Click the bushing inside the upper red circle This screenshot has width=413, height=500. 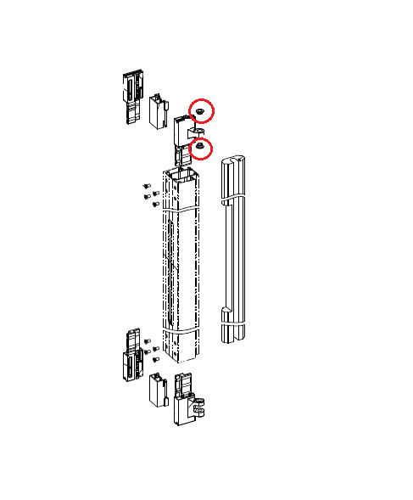pyautogui.click(x=199, y=110)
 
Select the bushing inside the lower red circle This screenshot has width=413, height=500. pyautogui.click(x=200, y=149)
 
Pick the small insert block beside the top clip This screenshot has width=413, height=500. pyautogui.click(x=158, y=111)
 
